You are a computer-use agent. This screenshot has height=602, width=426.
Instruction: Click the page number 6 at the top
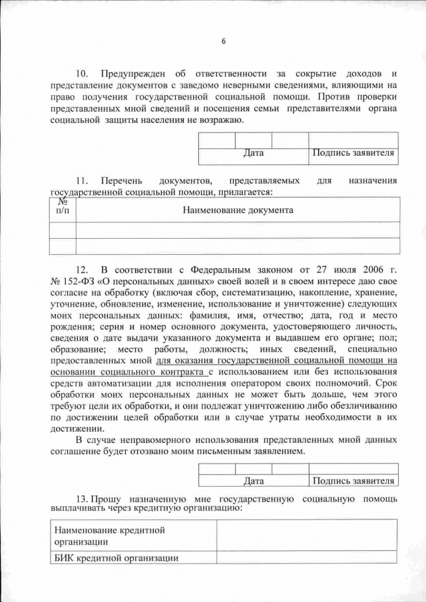(224, 41)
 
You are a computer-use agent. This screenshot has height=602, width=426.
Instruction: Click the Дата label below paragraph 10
(254, 154)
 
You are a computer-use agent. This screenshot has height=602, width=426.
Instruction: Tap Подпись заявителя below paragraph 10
(353, 154)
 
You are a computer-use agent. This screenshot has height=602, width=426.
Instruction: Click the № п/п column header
(63, 206)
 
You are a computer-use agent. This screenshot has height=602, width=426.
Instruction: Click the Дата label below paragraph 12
(254, 480)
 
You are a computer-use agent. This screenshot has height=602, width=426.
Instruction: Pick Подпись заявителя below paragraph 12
(353, 480)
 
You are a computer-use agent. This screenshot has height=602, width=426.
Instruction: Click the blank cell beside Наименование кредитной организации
(307, 535)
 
